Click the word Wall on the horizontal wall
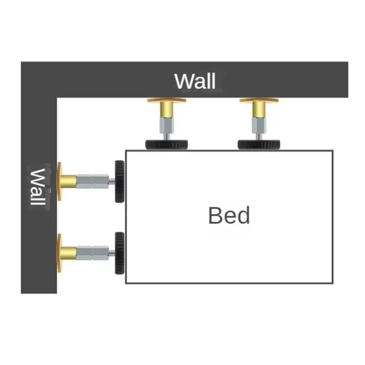tap(195, 81)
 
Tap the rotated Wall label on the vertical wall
tap(38, 187)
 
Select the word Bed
tap(229, 215)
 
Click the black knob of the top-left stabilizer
tap(166, 145)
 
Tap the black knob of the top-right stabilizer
tap(259, 145)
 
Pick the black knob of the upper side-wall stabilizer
tap(119, 181)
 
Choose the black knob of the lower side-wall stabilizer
tap(119, 253)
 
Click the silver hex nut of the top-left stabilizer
tap(167, 125)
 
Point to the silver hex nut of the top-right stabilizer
tap(259, 125)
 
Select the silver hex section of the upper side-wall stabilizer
tap(92, 181)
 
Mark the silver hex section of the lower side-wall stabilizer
tap(92, 253)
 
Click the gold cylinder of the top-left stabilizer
tap(167, 110)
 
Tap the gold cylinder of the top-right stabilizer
tap(259, 110)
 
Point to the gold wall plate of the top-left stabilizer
tap(167, 100)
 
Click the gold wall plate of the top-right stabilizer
tap(259, 100)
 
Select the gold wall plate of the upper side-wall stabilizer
tap(59, 181)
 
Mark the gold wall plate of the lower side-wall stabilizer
tap(59, 253)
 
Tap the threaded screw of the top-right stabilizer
tap(259, 137)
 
